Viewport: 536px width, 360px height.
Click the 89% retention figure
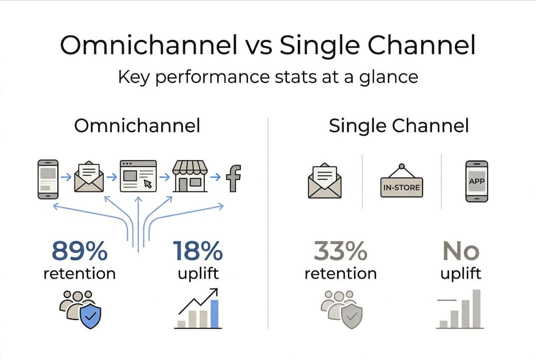click(x=79, y=251)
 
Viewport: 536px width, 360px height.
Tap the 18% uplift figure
click(x=198, y=251)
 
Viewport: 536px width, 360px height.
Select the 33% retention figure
click(x=341, y=251)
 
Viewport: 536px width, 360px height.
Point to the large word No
click(x=461, y=251)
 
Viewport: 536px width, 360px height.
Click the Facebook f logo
click(x=234, y=178)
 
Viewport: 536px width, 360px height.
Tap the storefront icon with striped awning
click(x=190, y=176)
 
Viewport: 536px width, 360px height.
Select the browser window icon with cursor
click(x=138, y=176)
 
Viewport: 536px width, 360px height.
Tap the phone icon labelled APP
click(x=477, y=181)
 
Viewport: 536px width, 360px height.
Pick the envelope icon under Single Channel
click(x=324, y=180)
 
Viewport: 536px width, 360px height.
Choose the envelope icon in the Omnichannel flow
click(x=89, y=176)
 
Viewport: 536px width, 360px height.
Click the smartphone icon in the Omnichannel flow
click(x=48, y=179)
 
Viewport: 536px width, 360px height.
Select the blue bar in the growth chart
click(x=214, y=314)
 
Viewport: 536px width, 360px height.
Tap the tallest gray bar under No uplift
click(x=476, y=308)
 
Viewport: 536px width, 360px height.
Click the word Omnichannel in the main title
click(x=149, y=45)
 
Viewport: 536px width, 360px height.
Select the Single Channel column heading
click(x=399, y=126)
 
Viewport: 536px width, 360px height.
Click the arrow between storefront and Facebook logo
click(x=215, y=177)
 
